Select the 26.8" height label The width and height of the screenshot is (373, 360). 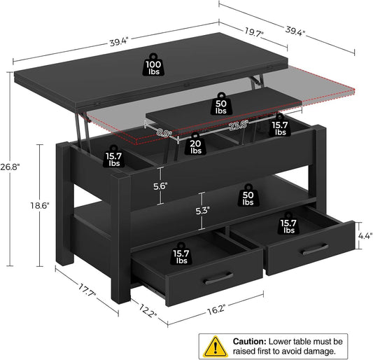click(10, 167)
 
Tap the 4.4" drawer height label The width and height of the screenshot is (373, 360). click(363, 237)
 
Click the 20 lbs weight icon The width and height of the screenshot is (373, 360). click(196, 144)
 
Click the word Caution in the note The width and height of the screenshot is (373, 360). click(248, 337)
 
